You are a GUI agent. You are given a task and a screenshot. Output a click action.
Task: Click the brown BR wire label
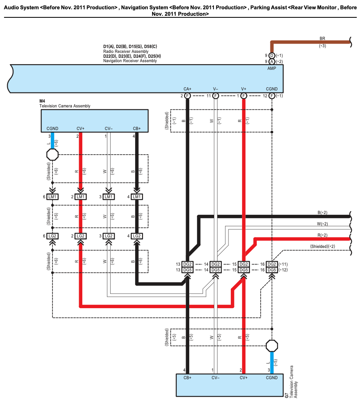point(322,39)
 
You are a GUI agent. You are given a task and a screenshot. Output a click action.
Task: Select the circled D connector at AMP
point(272,55)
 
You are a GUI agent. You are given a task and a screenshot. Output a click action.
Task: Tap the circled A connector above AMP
point(272,61)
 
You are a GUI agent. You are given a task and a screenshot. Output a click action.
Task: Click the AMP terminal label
point(272,69)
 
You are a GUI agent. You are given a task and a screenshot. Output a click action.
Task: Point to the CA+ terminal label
point(187,89)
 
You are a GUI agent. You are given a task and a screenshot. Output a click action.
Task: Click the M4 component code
point(42,101)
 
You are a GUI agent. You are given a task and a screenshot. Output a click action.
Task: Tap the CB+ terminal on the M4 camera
point(137,129)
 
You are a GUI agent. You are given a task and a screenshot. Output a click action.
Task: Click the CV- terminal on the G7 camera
point(215,378)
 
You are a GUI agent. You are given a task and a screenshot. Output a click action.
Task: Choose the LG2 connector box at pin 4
point(137,236)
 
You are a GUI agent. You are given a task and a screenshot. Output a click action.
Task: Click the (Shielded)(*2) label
point(322,246)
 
